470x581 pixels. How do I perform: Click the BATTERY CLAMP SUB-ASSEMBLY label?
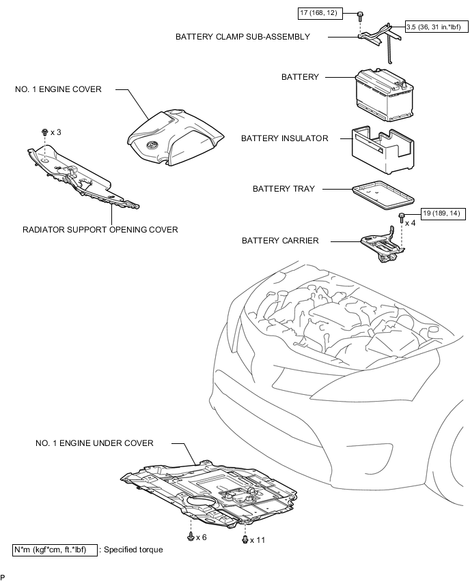pyautogui.click(x=243, y=37)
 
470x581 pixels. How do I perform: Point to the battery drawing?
pyautogui.click(x=384, y=95)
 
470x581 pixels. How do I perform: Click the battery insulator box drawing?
pyautogui.click(x=383, y=150)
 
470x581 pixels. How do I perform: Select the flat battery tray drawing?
pyautogui.click(x=383, y=192)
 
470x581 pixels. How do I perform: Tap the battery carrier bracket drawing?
pyautogui.click(x=383, y=245)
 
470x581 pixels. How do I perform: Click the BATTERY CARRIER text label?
pyautogui.click(x=280, y=241)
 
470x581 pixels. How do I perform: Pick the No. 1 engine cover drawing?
pyautogui.click(x=176, y=138)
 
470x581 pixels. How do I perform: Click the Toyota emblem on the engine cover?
pyautogui.click(x=152, y=145)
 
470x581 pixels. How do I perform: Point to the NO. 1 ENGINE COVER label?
pyautogui.click(x=58, y=89)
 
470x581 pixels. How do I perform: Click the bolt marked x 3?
pyautogui.click(x=45, y=132)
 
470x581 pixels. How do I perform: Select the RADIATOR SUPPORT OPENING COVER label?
pyautogui.click(x=100, y=230)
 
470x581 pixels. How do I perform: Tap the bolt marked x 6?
pyautogui.click(x=191, y=536)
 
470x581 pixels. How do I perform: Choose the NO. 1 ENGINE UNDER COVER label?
pyautogui.click(x=94, y=443)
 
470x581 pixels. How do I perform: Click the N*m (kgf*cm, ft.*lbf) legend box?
pyautogui.click(x=55, y=550)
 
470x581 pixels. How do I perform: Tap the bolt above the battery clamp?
pyautogui.click(x=360, y=15)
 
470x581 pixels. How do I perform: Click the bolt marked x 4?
pyautogui.click(x=401, y=218)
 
